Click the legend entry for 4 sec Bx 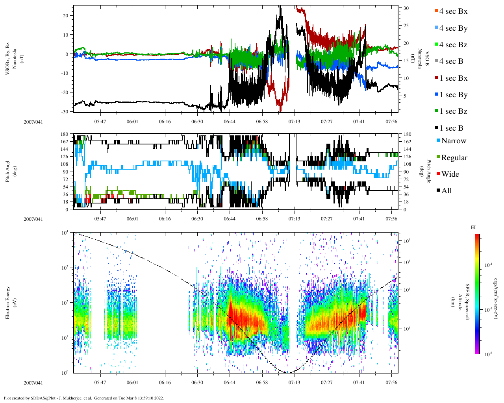click(453, 11)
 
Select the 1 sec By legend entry click(453, 95)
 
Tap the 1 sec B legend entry click(451, 128)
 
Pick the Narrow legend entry click(453, 141)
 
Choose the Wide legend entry click(450, 174)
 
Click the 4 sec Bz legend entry click(453, 45)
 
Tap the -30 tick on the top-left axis click(64, 112)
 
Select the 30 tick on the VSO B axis click(406, 8)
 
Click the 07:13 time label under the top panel click(294, 122)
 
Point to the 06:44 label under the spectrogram click(230, 383)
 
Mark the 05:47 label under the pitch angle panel click(100, 219)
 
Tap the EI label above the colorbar click(473, 227)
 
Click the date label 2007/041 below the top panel click(33, 122)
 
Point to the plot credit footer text click(84, 398)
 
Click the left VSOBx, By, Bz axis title click(11, 58)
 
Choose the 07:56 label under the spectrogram click(391, 383)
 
